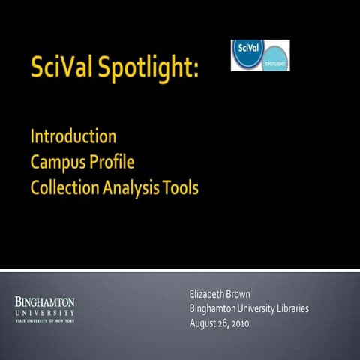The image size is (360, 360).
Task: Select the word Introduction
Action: pos(73,137)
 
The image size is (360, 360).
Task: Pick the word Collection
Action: pos(65,187)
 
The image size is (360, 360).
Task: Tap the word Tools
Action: pos(182,187)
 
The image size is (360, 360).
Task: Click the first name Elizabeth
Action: pos(211,293)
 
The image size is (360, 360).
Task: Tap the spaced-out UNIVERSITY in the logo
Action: pos(45,311)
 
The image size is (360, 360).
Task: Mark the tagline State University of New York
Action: pos(45,320)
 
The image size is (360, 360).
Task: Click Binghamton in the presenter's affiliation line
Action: pos(214,308)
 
